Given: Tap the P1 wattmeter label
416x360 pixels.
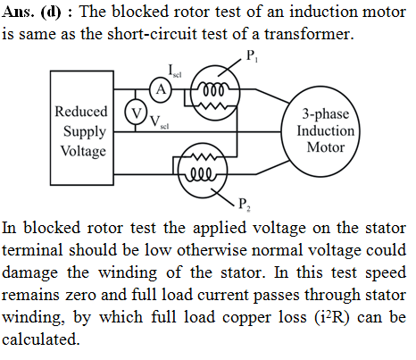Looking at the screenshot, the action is click(252, 56).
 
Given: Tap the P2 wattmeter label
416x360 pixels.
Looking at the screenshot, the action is click(244, 205).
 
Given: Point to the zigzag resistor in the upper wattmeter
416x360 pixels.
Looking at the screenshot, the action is click(214, 105).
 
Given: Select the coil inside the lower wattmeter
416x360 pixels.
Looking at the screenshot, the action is click(202, 174).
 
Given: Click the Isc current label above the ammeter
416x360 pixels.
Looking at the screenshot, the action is click(175, 71).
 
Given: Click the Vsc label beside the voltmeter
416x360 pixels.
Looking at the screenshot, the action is click(160, 122).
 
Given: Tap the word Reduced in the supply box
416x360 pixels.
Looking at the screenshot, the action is click(81, 112).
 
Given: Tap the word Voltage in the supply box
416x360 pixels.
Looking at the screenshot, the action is click(83, 151).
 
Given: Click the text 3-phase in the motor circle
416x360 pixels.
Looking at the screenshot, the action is click(326, 113).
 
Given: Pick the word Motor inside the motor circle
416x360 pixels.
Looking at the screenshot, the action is click(326, 147).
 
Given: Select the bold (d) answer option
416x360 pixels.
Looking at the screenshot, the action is click(51, 13).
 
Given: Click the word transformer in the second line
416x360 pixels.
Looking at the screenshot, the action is click(310, 34).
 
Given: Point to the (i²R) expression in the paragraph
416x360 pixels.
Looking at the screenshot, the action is click(332, 317).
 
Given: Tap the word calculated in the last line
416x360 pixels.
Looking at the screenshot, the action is click(41, 339).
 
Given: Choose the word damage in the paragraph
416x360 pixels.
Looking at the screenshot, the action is click(29, 273).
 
